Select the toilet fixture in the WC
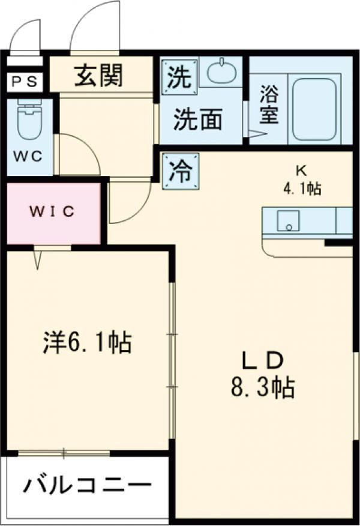(x=29, y=122)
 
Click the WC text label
(x=29, y=157)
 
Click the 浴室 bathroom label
(x=268, y=105)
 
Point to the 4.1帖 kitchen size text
(x=302, y=189)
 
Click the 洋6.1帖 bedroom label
(x=88, y=343)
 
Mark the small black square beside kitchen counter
(x=338, y=243)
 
